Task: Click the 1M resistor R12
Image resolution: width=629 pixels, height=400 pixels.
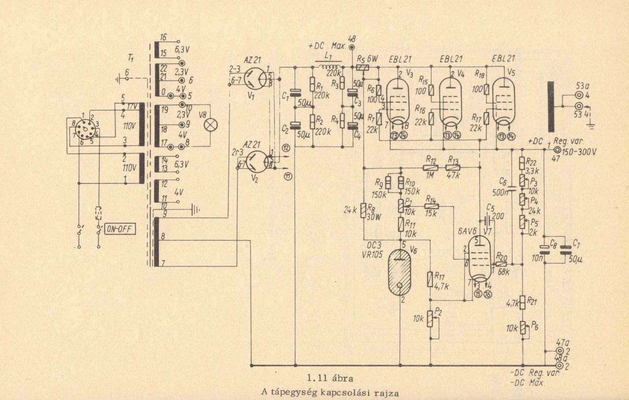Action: point(430,168)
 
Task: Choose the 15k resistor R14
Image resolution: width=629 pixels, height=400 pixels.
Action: point(430,206)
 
